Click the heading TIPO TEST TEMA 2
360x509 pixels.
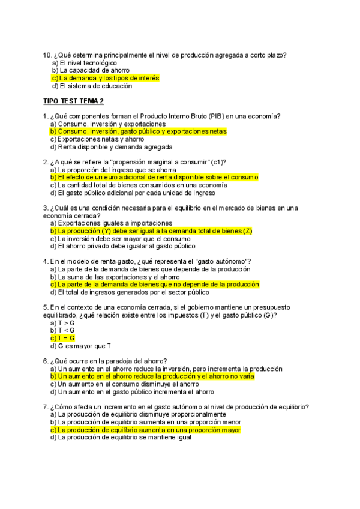point(73,101)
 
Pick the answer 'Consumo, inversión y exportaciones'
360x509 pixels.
point(107,124)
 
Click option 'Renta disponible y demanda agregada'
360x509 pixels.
point(111,146)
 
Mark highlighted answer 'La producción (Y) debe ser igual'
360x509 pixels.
point(151,231)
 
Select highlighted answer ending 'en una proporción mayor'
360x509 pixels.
point(145,430)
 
